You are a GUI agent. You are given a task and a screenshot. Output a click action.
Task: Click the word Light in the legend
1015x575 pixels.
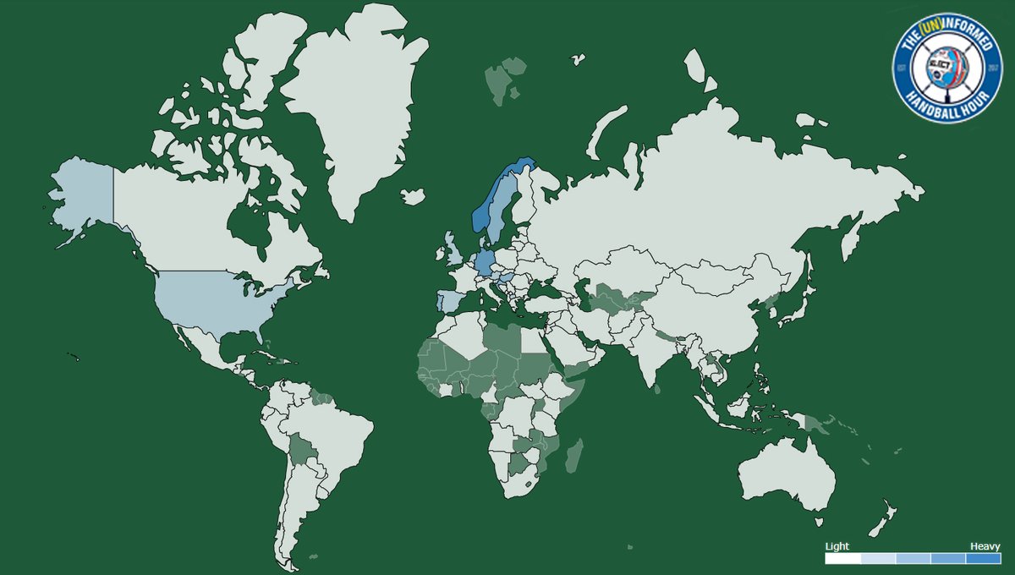click(x=837, y=546)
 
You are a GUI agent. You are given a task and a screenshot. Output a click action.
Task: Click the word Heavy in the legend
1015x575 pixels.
click(x=985, y=546)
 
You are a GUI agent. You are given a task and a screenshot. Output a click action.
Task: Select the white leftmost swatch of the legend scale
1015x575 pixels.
click(x=842, y=558)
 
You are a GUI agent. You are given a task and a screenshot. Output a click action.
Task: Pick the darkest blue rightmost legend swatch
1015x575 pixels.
click(x=984, y=558)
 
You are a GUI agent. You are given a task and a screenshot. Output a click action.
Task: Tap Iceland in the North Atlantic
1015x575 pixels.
click(x=412, y=196)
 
